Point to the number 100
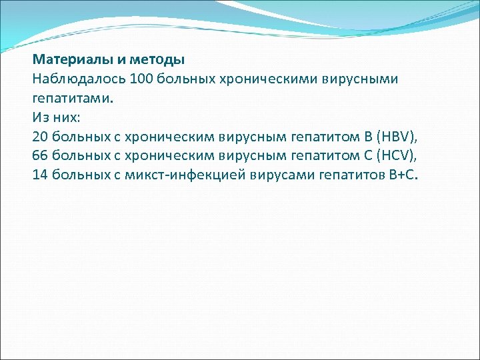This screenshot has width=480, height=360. coord(143,79)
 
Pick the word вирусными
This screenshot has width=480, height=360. coord(361,79)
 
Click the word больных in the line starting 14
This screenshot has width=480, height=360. coord(76,175)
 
